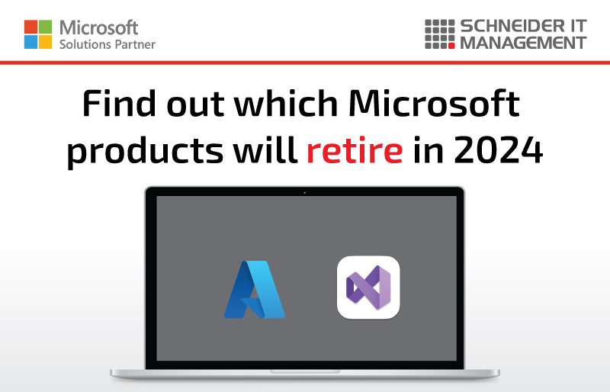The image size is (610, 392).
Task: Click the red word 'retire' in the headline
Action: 355,150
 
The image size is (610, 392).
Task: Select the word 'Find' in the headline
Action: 119,103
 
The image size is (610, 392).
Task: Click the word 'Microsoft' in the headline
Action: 434,103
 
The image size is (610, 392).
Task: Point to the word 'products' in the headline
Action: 145,152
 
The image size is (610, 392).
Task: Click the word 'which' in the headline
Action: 286,103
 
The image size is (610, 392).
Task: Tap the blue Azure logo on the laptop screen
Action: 255,289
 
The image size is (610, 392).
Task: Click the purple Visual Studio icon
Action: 368,288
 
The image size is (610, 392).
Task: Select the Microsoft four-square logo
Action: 38,34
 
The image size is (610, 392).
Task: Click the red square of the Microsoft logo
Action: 30,27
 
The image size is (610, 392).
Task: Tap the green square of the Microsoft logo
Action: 46,27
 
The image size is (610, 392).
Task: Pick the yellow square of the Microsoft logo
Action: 46,42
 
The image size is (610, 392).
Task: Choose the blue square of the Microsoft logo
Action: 30,42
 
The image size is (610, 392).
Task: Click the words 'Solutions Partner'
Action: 108,44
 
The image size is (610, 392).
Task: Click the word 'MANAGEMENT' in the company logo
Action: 523,43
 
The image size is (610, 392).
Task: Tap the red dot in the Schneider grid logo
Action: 451,46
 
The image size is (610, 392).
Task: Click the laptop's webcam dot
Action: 304,193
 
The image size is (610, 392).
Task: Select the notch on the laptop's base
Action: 305,371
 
